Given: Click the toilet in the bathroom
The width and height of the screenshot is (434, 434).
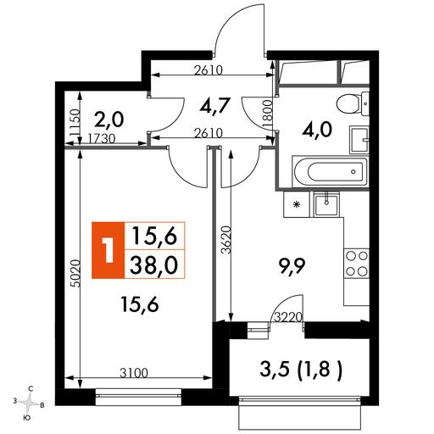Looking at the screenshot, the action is tap(353, 103).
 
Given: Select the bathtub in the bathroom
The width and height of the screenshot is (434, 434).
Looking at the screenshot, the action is tap(330, 171).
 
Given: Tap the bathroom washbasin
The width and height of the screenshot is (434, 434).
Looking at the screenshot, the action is tap(359, 140).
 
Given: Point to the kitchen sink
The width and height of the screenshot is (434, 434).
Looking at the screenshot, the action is tap(326, 204).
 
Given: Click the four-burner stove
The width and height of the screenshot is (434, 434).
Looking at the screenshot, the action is tap(357, 264).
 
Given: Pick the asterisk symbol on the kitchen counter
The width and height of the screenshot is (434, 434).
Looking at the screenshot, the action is tap(297, 204).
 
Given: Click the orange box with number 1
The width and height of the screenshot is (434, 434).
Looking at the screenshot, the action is tap(108, 250).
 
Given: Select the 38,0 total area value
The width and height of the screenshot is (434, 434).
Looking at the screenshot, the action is tap(154, 265).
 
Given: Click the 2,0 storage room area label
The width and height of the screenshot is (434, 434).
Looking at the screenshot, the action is tap(108, 120).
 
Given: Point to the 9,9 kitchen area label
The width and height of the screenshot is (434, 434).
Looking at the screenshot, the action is tap(292, 266).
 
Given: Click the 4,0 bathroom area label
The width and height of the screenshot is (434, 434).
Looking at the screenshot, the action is tap(317, 131).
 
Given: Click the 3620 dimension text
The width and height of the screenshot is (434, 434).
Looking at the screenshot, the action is tap(226, 240).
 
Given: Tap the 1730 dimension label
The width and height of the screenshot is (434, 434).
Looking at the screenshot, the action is tap(102, 139).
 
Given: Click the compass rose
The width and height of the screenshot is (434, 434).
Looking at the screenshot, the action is tap(29, 402).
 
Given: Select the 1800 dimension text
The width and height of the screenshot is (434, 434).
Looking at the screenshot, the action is tap(268, 114).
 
